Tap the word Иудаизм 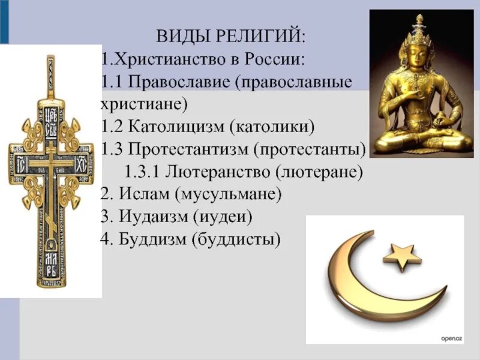[x=150, y=216]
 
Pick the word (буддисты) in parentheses [x=236, y=239]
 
